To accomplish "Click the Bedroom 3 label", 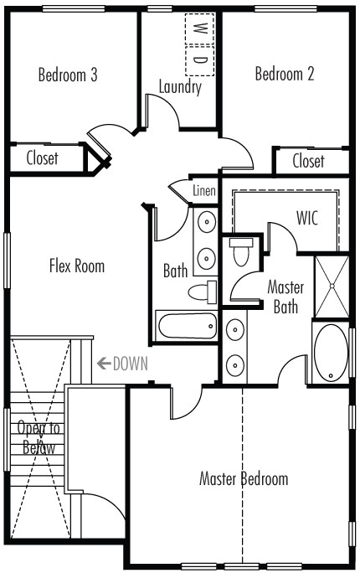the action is point(68,75).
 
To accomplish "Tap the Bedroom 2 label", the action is point(285,74).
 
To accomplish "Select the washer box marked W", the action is point(199,29).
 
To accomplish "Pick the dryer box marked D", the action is point(199,60).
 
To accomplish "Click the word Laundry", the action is point(180,87).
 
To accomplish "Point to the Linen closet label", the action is point(204,190).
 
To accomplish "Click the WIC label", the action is point(307,218).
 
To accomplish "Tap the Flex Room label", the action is point(77,266).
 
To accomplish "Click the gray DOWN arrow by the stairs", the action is point(104,364).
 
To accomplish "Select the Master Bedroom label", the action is point(244,478).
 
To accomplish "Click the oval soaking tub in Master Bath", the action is point(332,353).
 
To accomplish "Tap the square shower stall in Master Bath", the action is point(332,286).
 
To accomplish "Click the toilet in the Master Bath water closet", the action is point(241,251).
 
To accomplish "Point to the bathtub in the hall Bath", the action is point(187,326).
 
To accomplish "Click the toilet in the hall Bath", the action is point(203,292).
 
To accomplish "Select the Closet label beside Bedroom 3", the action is point(43,158).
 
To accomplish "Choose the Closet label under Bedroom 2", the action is point(309,161).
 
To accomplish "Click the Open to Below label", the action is point(39,437).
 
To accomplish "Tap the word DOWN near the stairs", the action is point(131,364).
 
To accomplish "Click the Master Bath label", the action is point(285,297).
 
